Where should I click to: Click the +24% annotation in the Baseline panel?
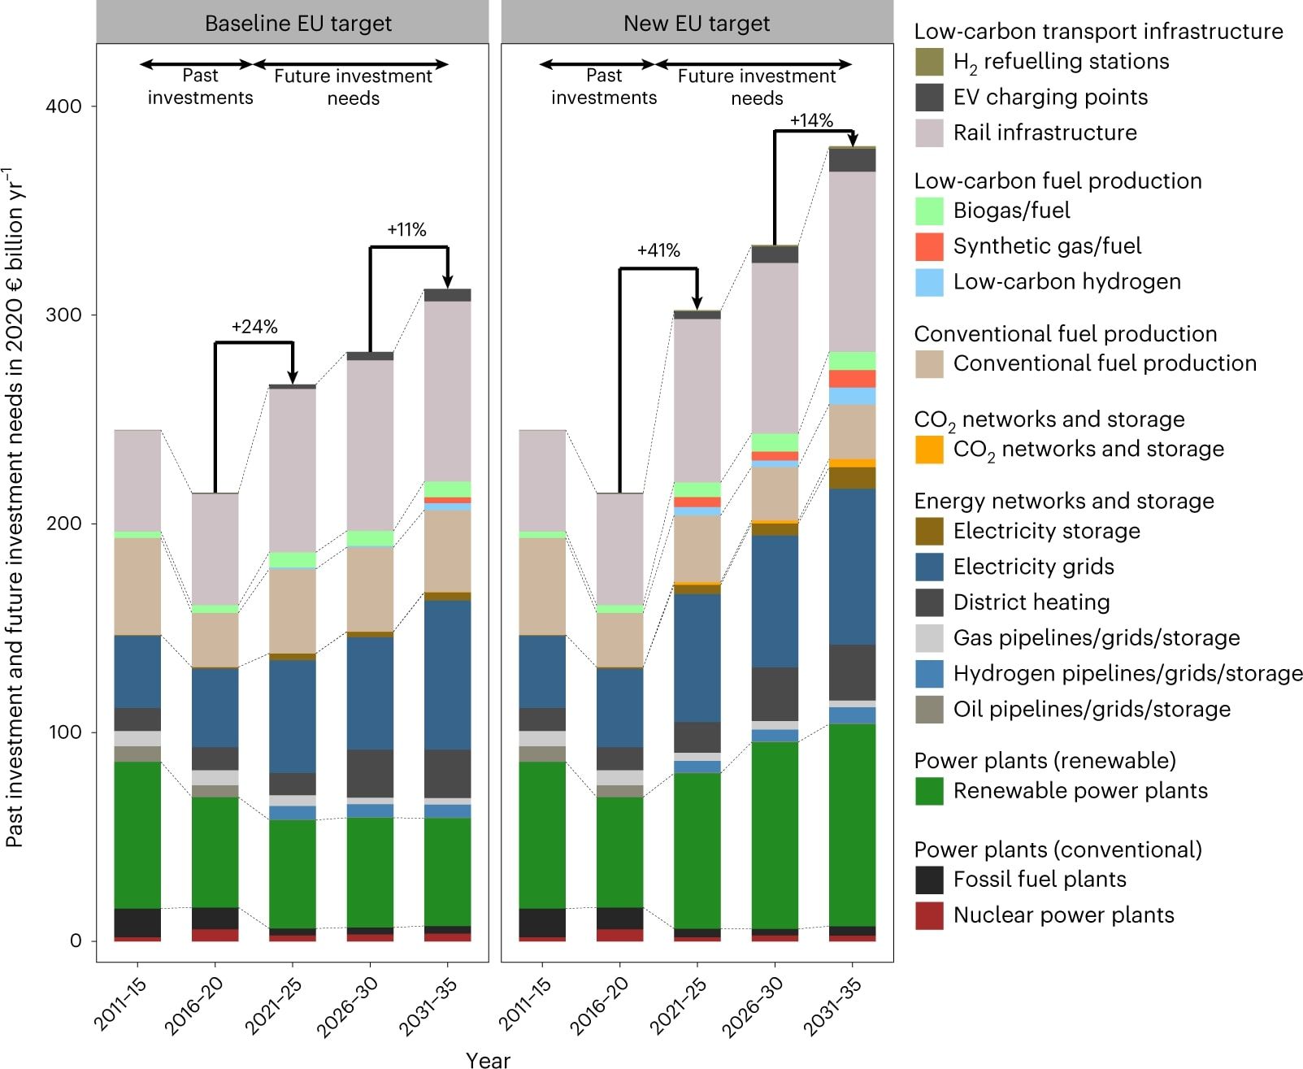254,327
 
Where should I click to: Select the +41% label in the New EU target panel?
658,250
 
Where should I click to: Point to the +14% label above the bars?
811,120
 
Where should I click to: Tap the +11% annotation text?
406,230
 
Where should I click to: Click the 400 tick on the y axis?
64,106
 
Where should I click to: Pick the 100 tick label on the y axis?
64,732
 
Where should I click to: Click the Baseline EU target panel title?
298,24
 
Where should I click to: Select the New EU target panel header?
697,24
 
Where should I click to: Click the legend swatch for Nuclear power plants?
929,915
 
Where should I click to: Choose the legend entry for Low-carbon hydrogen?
1066,282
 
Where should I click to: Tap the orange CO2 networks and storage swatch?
929,450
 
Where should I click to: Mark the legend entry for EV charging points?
1050,98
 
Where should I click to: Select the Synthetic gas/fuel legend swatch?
929,246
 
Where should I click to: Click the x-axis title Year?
488,1059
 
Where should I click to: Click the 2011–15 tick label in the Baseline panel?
119,1005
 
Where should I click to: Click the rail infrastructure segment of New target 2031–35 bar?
852,260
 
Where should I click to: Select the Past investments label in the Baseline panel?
200,87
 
